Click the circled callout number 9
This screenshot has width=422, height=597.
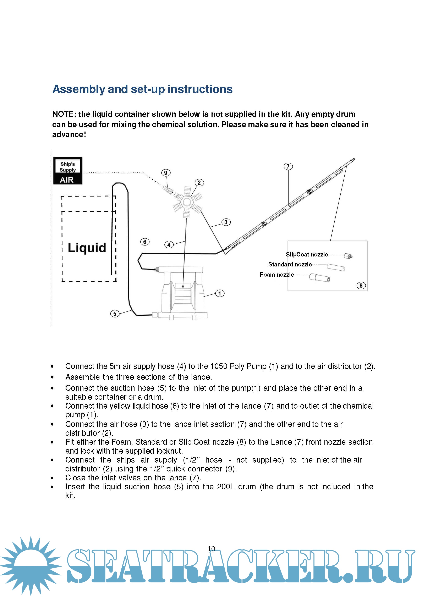tap(166, 173)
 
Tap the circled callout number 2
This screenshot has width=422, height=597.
tap(199, 183)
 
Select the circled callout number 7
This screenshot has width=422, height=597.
tap(288, 166)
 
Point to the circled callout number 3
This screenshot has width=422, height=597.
tap(226, 222)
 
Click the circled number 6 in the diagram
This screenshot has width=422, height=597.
tap(145, 242)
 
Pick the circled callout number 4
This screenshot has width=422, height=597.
tap(169, 245)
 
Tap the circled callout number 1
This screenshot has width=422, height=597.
tap(220, 293)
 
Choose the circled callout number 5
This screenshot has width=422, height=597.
tap(115, 314)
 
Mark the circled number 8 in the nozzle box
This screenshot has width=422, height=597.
tap(361, 286)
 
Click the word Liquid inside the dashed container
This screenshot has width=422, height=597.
tap(87, 248)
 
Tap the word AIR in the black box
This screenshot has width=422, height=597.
tap(67, 180)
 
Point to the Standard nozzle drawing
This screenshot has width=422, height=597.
tap(336, 267)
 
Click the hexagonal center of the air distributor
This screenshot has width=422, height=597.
tap(186, 201)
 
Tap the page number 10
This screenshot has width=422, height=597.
tap(211, 549)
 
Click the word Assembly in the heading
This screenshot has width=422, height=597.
tap(79, 89)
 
